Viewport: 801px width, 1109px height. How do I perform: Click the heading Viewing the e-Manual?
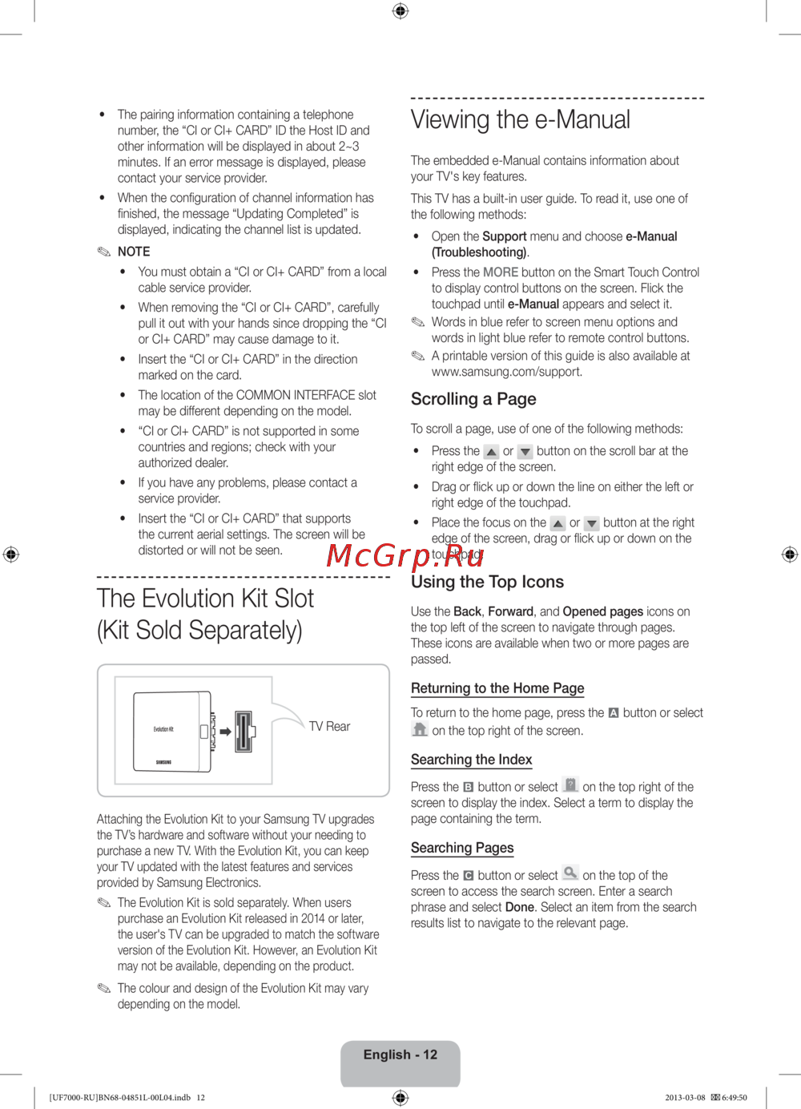[520, 120]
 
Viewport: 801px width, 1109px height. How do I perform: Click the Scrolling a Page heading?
[473, 399]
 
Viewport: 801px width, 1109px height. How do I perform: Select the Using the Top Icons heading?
[487, 582]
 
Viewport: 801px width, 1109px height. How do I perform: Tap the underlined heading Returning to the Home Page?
[497, 688]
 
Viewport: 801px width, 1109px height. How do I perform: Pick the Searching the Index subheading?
[471, 760]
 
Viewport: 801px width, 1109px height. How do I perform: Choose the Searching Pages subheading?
[462, 848]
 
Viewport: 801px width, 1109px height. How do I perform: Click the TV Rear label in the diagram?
[329, 727]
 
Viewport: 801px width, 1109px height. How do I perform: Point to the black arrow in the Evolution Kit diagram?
[226, 732]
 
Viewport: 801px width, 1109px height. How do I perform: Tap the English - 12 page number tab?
[400, 1055]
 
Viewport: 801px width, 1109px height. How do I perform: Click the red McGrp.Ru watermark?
[405, 555]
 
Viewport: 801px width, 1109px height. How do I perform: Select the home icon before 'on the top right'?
[420, 729]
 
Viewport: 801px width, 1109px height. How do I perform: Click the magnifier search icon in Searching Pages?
[570, 873]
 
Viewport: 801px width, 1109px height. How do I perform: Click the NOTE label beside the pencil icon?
[134, 252]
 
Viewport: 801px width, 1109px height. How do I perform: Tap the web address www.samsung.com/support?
[506, 372]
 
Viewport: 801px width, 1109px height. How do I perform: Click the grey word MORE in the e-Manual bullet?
[501, 272]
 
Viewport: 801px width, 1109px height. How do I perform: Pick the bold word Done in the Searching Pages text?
[520, 907]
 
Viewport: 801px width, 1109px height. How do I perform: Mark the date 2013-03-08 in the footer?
[685, 1098]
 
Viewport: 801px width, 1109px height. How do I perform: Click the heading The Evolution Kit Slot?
[205, 599]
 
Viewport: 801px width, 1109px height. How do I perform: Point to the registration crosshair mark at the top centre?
[400, 10]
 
